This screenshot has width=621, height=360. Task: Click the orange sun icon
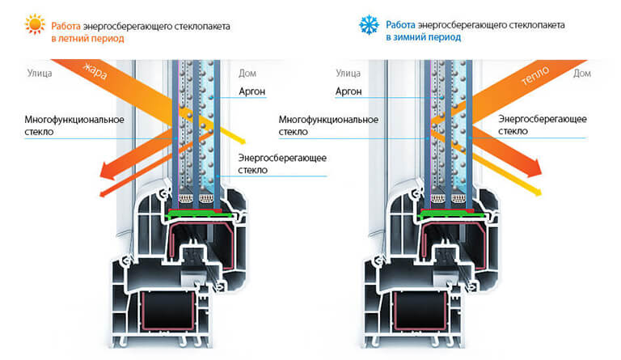[35, 26]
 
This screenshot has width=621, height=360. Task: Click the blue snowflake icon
[369, 26]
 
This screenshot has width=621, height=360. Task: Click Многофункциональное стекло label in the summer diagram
[74, 125]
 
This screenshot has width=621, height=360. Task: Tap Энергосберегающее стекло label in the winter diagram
[543, 125]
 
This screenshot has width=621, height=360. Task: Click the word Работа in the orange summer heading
[68, 26]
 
